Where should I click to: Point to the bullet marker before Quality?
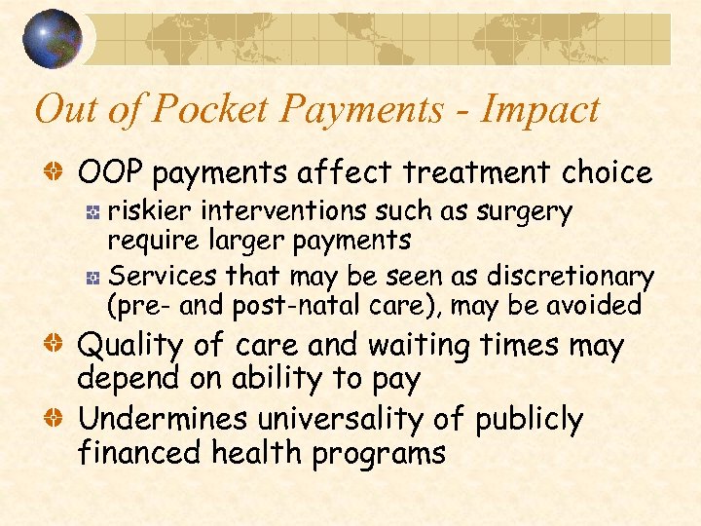pyautogui.click(x=59, y=345)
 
